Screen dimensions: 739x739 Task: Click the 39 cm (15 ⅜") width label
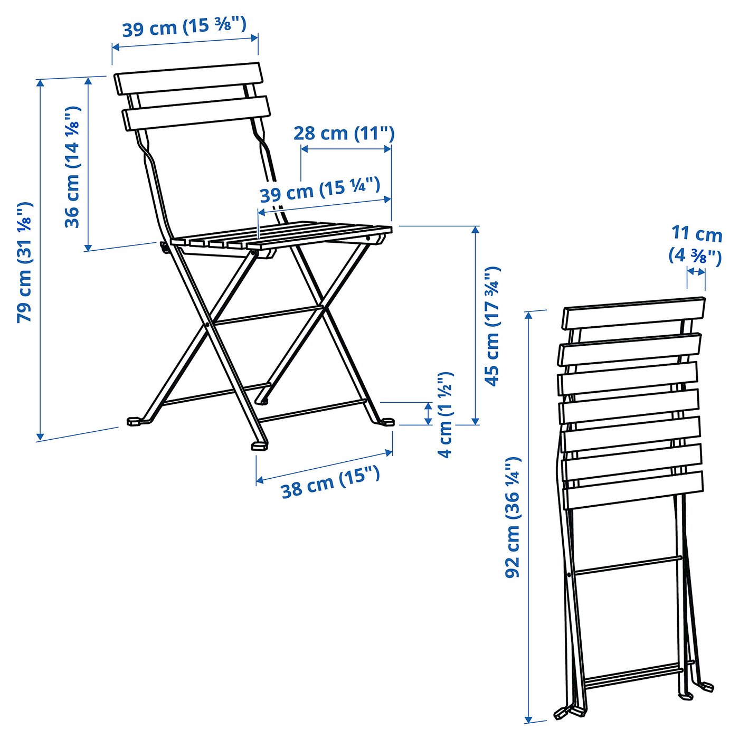184,26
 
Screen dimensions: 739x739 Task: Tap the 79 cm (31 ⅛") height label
25,262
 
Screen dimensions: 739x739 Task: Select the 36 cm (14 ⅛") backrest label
72,167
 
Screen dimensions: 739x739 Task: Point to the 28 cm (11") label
344,132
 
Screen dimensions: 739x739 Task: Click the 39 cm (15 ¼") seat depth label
320,190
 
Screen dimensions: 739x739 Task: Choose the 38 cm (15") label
330,482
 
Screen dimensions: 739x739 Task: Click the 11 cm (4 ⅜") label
696,244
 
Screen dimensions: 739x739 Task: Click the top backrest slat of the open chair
188,78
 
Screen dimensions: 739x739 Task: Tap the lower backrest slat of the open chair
196,112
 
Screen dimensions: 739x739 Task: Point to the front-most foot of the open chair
259,446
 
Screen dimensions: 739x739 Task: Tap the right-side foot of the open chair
388,421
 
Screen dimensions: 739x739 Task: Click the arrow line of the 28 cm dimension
346,149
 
